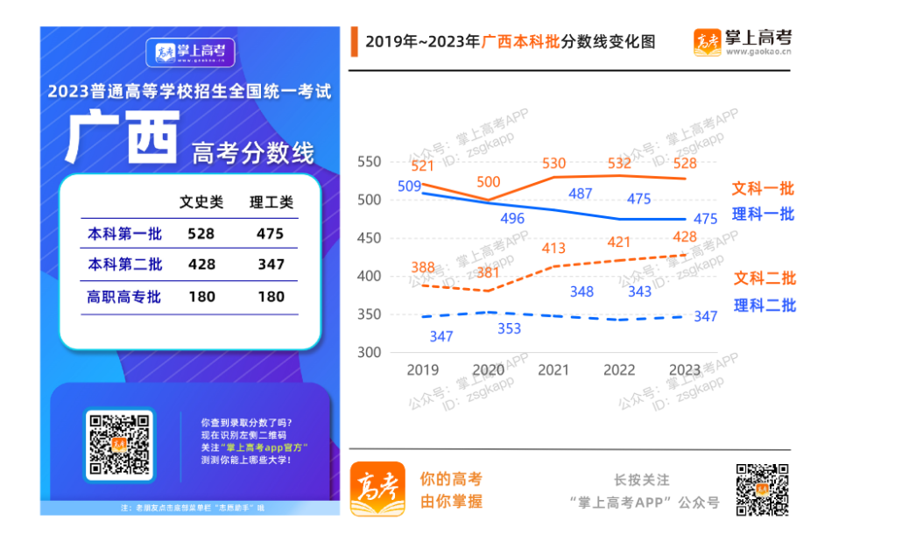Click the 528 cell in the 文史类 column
201,234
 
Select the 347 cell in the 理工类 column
271,264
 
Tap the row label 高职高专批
124,297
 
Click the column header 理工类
271,202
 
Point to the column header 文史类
201,202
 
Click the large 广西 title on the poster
122,138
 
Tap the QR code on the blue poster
120,444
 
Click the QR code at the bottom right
761,489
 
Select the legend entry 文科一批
763,188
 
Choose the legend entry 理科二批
765,305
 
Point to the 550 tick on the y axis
370,162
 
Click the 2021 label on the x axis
553,370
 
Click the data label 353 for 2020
509,329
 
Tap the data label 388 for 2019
423,268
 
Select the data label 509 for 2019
409,186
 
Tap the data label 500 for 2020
488,182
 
